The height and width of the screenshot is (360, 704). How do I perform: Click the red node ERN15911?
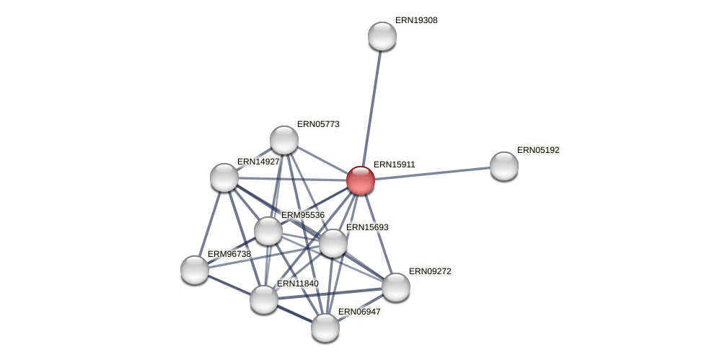(361, 180)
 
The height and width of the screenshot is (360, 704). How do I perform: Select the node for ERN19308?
(382, 36)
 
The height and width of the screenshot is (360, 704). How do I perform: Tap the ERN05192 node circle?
(504, 166)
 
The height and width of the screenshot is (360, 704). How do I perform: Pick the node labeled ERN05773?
(284, 140)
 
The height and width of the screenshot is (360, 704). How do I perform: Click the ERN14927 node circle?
(224, 177)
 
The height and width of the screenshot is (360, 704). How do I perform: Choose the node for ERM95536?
(268, 231)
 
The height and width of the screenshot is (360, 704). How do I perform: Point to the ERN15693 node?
(333, 243)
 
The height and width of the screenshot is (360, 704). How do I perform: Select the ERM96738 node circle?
(195, 270)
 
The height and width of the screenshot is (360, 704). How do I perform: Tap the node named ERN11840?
(264, 299)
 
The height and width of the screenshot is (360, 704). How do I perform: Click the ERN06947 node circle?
(325, 328)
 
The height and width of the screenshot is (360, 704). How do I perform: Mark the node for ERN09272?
(396, 287)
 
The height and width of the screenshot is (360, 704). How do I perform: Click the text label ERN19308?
(416, 20)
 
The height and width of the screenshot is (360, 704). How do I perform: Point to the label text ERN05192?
(538, 150)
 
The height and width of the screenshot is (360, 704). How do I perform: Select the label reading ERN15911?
(395, 164)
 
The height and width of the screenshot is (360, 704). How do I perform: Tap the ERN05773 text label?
(318, 124)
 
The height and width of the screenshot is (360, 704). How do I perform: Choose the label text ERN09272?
(430, 271)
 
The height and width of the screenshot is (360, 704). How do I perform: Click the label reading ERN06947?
(359, 312)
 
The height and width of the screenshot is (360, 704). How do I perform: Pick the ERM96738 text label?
(229, 254)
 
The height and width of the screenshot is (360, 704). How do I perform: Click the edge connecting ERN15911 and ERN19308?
(371, 108)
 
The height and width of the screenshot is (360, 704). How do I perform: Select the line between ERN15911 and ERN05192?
(433, 173)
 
